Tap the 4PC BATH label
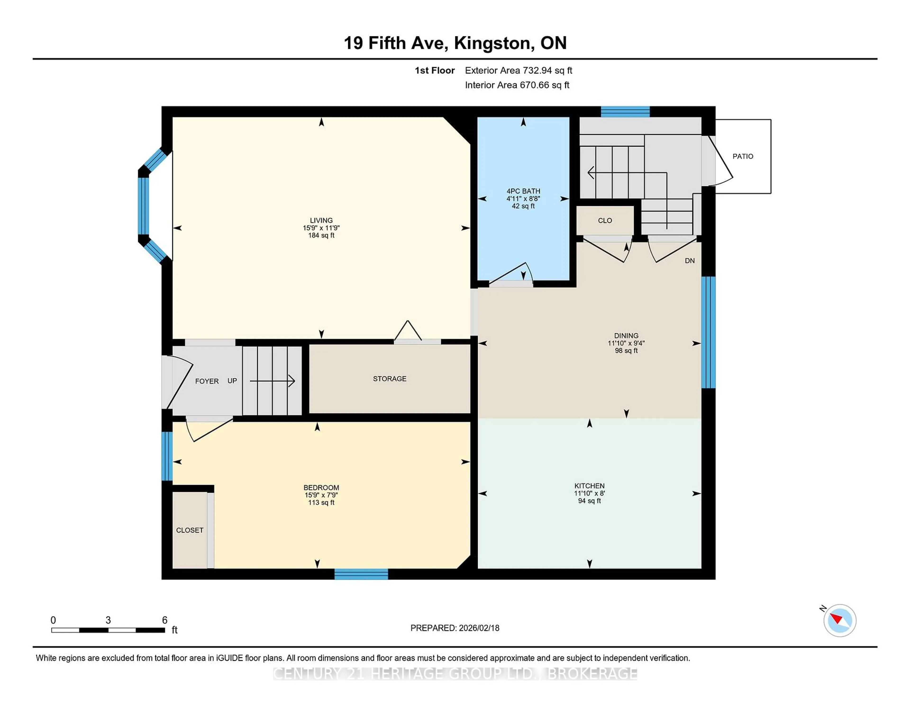click(523, 191)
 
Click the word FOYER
click(207, 381)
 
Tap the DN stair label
click(690, 261)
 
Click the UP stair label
click(232, 381)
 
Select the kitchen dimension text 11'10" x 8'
click(589, 493)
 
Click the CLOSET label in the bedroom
click(190, 530)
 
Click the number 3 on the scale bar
click(108, 620)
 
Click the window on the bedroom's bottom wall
click(361, 574)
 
